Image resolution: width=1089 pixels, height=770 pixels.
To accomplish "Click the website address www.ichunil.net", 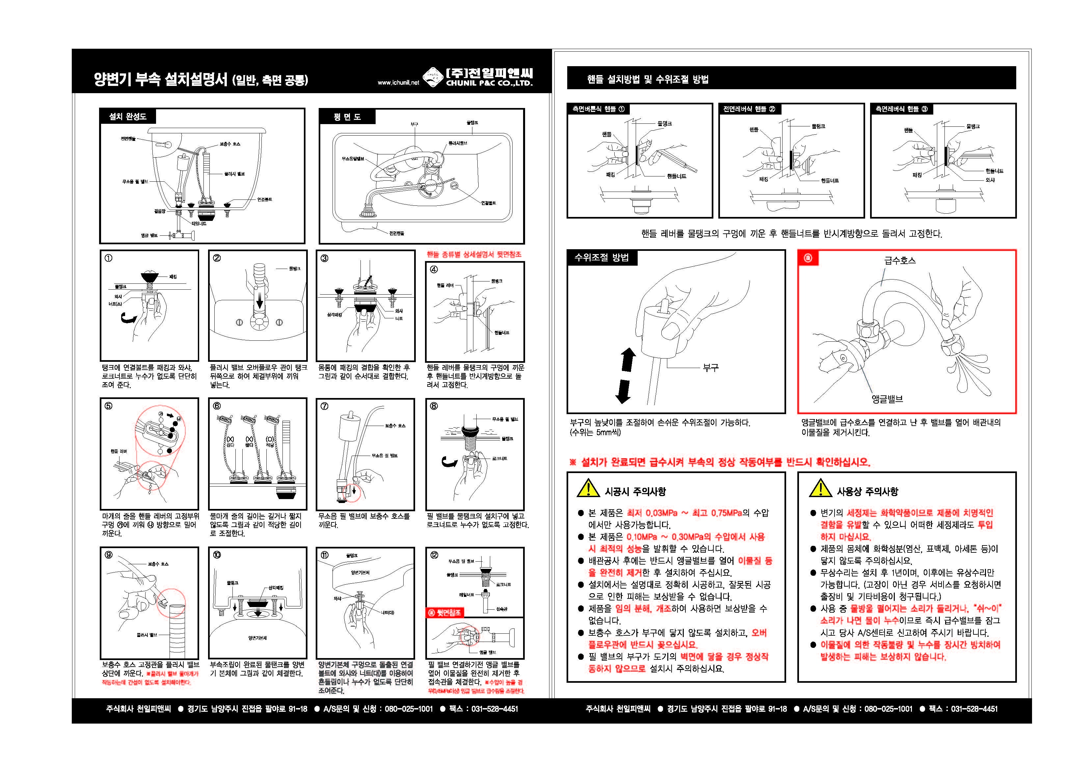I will (398, 83).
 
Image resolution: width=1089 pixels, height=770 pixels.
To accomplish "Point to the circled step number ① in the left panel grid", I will (109, 258).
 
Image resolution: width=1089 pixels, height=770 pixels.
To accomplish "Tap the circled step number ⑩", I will (217, 555).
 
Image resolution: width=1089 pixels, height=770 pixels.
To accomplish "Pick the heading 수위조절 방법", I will (601, 258).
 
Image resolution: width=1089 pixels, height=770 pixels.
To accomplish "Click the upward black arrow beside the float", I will (628, 359).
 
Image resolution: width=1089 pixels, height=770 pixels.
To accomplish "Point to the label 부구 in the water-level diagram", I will (710, 367).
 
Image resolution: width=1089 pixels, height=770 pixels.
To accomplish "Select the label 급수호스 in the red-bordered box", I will (900, 260).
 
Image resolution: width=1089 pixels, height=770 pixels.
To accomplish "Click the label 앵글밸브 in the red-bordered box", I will (887, 399).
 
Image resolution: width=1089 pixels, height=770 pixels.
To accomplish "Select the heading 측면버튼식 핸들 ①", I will (598, 109).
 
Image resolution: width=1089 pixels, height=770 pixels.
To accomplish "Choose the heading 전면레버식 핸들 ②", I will (749, 109).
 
